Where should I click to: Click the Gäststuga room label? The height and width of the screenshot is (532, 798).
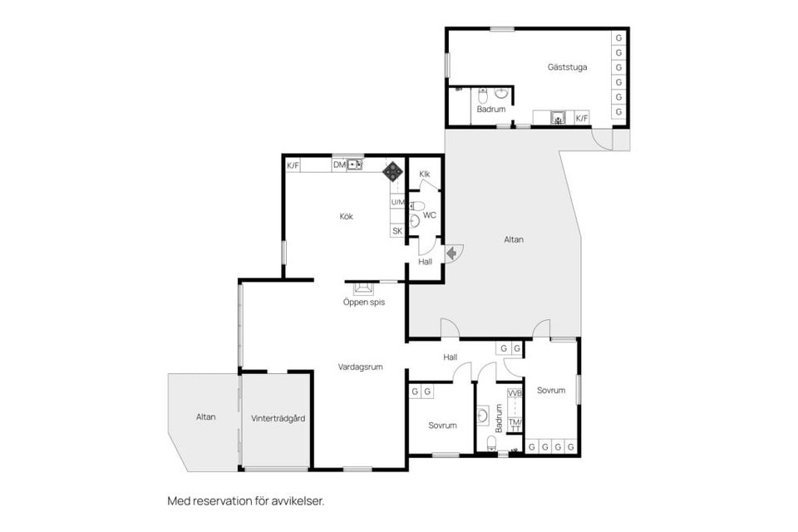(567, 67)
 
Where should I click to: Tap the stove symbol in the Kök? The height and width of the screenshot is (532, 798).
(392, 172)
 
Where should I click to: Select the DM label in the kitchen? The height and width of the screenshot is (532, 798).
(339, 165)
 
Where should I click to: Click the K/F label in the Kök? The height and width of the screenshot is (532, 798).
(293, 165)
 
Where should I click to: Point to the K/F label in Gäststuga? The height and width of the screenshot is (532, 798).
(582, 118)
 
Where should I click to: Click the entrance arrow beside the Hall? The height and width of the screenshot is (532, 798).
(451, 253)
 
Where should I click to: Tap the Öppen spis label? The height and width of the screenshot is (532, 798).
(363, 302)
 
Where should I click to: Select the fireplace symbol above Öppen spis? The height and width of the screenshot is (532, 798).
(363, 288)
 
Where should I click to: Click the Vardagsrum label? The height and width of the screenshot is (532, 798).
(360, 367)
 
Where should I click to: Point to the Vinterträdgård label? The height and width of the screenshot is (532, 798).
(278, 418)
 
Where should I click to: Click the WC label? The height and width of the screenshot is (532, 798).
(430, 215)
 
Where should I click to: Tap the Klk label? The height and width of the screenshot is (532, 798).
(425, 174)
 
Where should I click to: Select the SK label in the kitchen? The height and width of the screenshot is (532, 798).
(397, 231)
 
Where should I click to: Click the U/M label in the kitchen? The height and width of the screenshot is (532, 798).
(397, 202)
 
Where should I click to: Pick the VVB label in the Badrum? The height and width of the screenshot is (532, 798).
(515, 393)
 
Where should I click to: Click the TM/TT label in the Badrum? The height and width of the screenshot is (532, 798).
(515, 425)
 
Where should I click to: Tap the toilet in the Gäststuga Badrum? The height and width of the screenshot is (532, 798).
(483, 95)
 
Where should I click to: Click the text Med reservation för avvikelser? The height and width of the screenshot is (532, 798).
(246, 501)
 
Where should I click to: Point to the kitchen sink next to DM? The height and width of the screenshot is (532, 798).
(355, 165)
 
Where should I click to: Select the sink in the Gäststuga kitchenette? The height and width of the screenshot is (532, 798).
(558, 118)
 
